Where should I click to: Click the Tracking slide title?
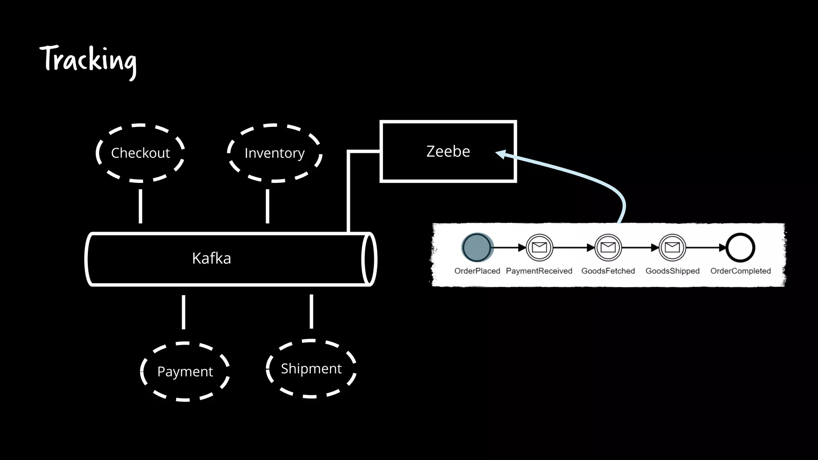tap(88, 60)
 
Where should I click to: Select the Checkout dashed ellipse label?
tap(140, 153)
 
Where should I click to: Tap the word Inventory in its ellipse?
tap(274, 153)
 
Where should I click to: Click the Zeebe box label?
tap(448, 151)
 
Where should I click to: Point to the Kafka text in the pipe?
tap(211, 258)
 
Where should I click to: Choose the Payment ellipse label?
tap(185, 371)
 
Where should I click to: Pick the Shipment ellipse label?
tap(311, 368)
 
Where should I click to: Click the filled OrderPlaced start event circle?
tap(477, 248)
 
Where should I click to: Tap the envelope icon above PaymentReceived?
tap(539, 248)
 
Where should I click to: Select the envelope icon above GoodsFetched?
tap(608, 248)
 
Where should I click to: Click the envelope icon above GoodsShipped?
tap(672, 248)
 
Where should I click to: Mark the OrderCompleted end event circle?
tap(740, 248)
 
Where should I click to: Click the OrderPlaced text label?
tap(477, 271)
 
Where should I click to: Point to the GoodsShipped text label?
tap(672, 271)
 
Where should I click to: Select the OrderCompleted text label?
tap(740, 271)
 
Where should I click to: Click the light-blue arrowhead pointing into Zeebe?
tap(500, 154)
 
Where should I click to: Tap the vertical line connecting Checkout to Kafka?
tap(140, 206)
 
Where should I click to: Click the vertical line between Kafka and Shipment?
tap(311, 311)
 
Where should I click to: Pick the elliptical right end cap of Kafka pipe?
tap(369, 259)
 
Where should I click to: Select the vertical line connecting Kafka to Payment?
tap(183, 312)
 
